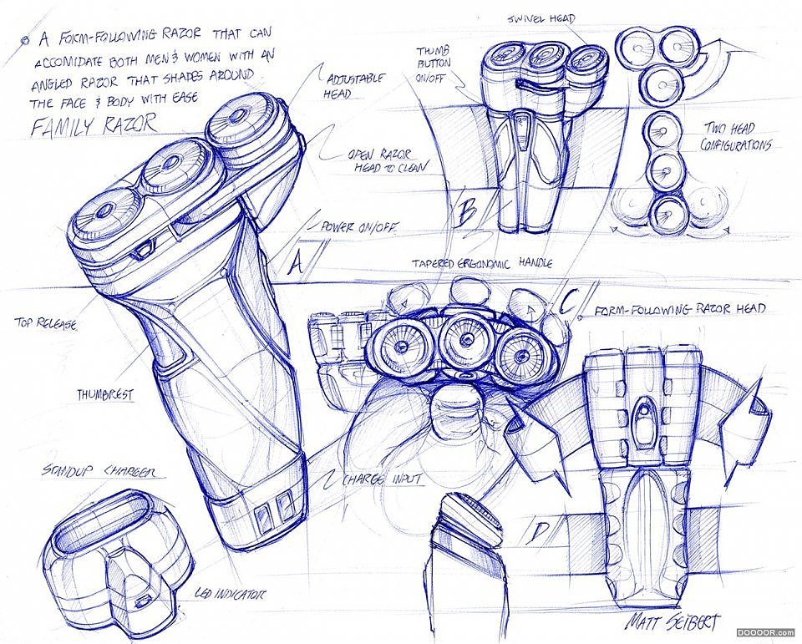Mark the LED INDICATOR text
(x=230, y=594)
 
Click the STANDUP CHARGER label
(x=88, y=473)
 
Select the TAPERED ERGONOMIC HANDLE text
(x=482, y=262)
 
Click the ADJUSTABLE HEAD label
(x=357, y=85)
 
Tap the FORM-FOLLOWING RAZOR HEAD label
(x=679, y=309)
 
